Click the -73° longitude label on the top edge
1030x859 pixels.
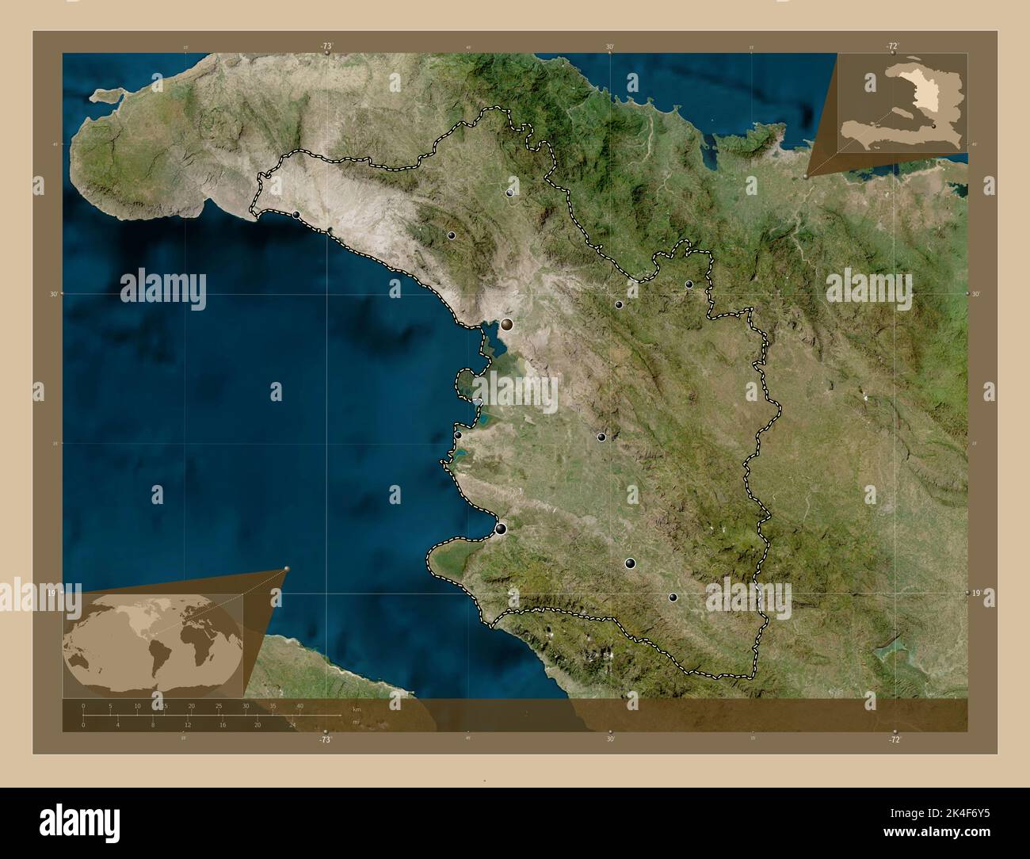pos(326,46)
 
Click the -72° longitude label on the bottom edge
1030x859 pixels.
pos(895,739)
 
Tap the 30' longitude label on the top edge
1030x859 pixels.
pos(610,47)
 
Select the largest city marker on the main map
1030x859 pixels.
pos(506,323)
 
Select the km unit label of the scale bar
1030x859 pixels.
pos(357,709)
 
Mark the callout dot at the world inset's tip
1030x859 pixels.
pos(287,568)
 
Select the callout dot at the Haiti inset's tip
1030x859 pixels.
pos(807,177)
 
